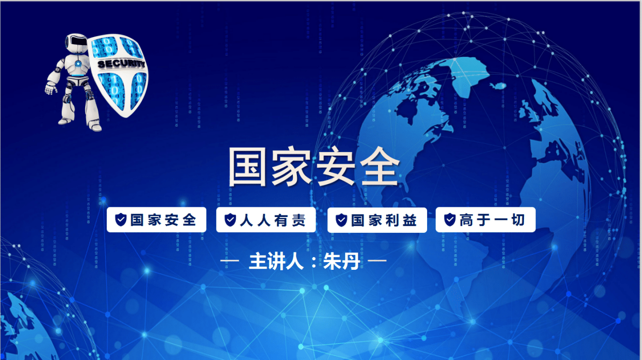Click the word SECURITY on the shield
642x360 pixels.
(121, 64)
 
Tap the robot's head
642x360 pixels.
(76, 43)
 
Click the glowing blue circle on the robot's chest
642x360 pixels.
(78, 64)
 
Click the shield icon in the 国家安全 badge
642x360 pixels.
(121, 220)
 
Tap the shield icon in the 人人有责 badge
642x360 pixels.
(230, 220)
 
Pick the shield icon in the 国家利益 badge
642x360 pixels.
(342, 220)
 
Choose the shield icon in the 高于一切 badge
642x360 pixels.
(449, 220)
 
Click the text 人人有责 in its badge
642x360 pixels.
(273, 220)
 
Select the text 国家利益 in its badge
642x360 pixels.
(384, 220)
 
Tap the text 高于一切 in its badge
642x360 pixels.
(492, 220)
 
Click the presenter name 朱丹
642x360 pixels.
(342, 261)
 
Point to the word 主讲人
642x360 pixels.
(276, 261)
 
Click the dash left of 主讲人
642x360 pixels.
(230, 261)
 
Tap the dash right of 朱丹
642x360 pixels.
(377, 261)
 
